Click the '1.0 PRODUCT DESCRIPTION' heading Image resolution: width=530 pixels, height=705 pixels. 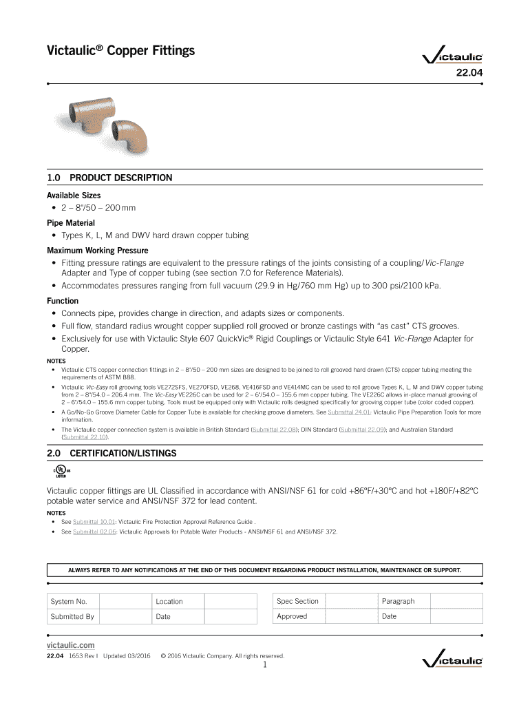coord(109,178)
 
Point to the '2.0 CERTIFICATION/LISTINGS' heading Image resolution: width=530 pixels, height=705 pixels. coord(112,453)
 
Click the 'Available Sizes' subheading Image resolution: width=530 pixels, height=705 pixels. coord(73,196)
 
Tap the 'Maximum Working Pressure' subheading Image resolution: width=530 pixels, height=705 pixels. coord(97,250)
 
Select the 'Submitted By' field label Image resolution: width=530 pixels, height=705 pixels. coord(72,616)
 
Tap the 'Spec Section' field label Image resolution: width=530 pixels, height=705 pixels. coord(297,601)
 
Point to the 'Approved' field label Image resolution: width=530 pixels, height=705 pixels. coord(292,616)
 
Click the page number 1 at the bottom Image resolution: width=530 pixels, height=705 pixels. coord(265,665)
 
